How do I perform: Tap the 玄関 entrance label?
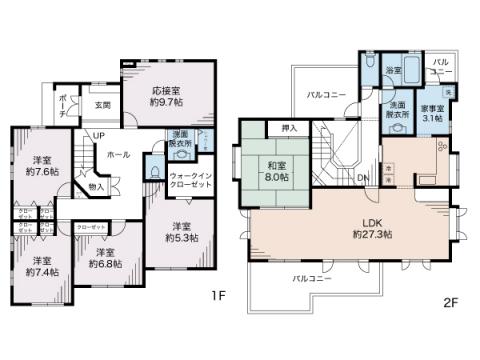point(103,104)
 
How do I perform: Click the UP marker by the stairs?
point(99,135)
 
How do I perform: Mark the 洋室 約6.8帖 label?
point(102,258)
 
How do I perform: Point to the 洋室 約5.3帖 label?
point(180,231)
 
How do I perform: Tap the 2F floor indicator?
point(449,299)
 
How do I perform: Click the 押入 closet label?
point(289,128)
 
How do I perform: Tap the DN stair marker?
point(362,179)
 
